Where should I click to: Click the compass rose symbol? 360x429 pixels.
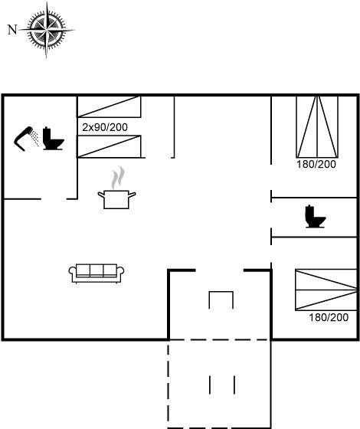coord(46,30)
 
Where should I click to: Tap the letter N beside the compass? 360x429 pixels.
coord(12,30)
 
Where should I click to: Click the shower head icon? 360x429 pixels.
coord(26,139)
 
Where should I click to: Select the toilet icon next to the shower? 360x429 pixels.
coord(54,139)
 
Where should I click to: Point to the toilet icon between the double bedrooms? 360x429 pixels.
coord(316,216)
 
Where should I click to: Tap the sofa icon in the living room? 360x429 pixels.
coord(97,273)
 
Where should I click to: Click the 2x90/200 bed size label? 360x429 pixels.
coord(105,127)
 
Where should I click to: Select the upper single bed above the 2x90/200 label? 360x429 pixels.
coord(109,106)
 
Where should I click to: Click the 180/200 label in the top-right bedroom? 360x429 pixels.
coord(316,164)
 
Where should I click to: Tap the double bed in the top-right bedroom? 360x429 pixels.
coord(317,126)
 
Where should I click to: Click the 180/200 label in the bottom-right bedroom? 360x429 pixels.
coord(329,317)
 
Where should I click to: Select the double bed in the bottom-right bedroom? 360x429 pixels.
coord(326,290)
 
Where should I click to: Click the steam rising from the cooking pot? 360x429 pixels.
coord(118,178)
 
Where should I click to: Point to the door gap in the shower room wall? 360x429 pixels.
coord(54,199)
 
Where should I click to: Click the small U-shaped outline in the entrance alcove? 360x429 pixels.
coord(221,292)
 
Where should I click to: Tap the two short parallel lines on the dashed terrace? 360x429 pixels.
coord(222,385)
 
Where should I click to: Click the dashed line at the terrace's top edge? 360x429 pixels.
coord(220,340)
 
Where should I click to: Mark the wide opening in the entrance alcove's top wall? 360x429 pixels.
coord(220,270)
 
